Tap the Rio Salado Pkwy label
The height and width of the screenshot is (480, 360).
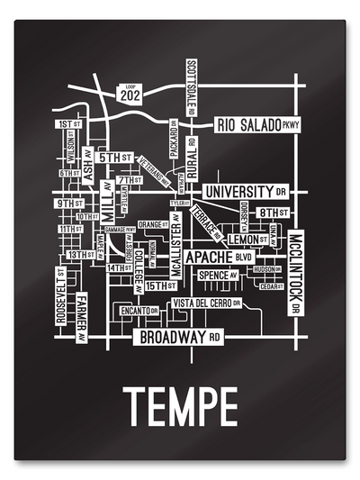click(256, 125)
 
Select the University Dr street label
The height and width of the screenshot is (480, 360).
click(244, 192)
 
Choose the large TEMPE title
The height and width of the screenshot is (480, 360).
click(180, 407)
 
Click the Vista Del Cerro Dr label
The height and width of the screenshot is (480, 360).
click(206, 302)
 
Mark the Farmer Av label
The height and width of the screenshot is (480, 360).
click(82, 317)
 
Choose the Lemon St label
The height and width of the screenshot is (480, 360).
click(247, 240)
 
